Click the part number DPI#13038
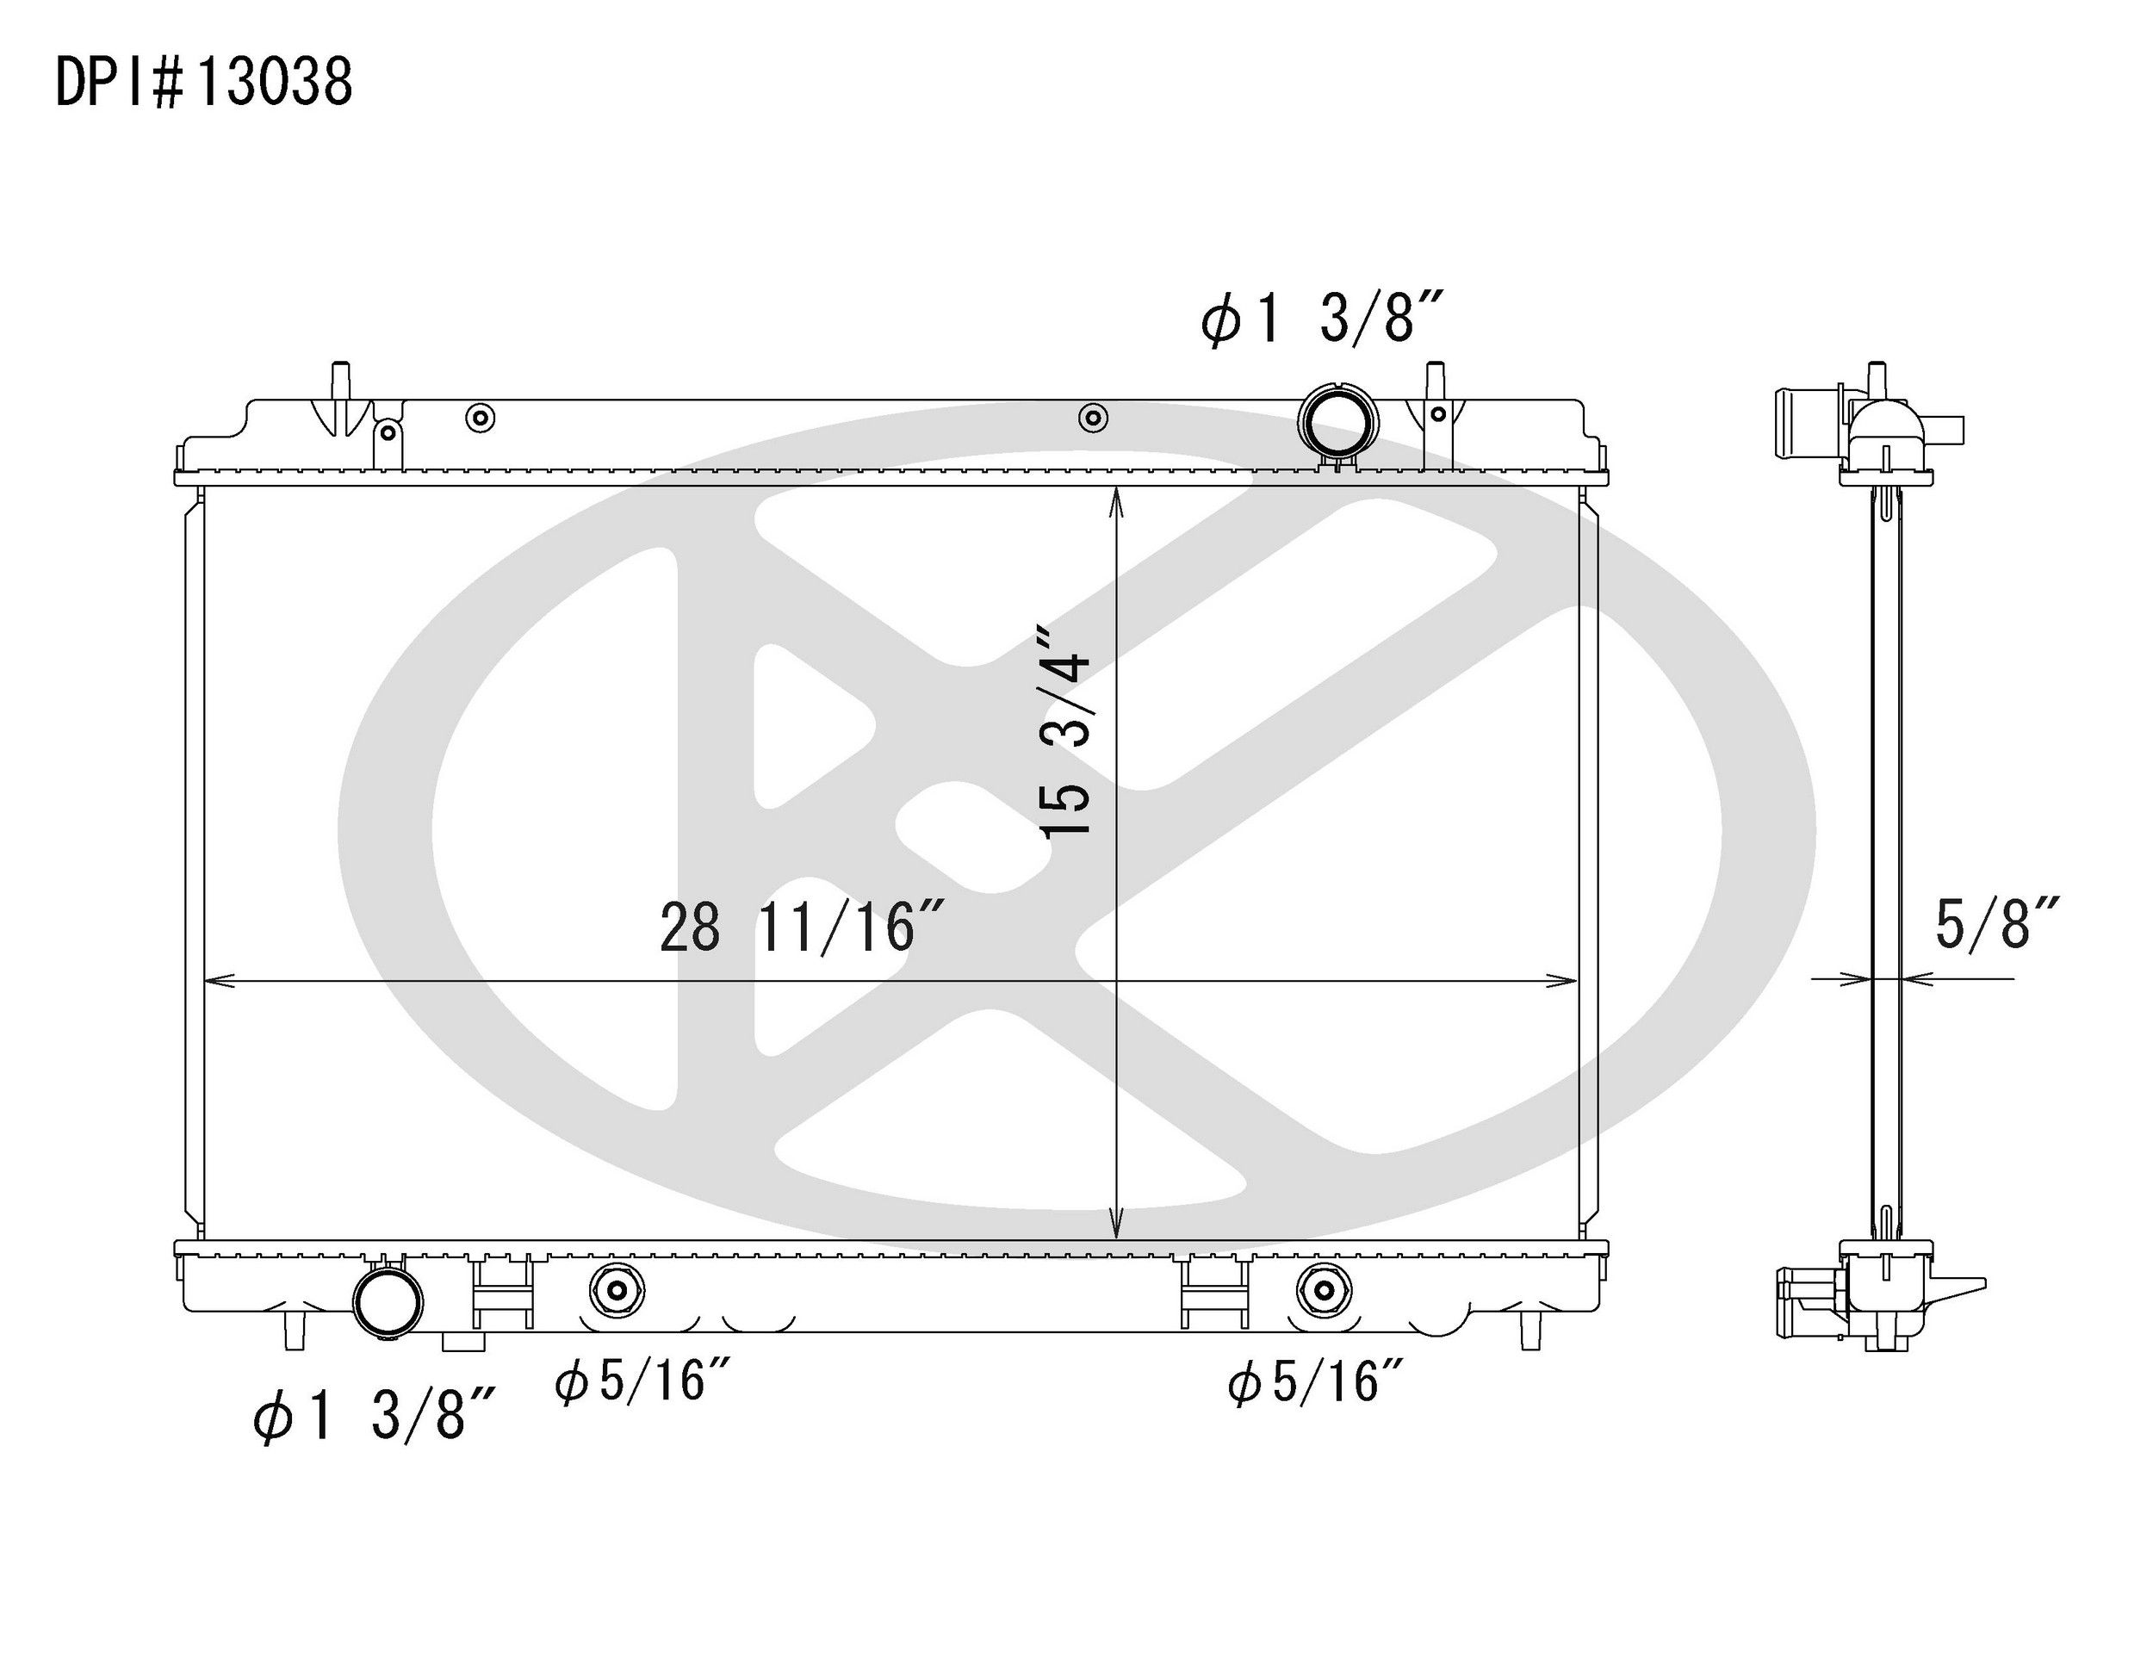pyautogui.click(x=204, y=83)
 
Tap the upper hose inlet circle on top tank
pyautogui.click(x=1337, y=422)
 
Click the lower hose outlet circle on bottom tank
pyautogui.click(x=388, y=1301)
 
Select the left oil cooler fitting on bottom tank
pyautogui.click(x=616, y=1290)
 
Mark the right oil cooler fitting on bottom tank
pyautogui.click(x=1324, y=1290)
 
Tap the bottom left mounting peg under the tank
pyautogui.click(x=294, y=1333)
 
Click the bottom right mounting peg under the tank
pyautogui.click(x=1530, y=1333)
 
